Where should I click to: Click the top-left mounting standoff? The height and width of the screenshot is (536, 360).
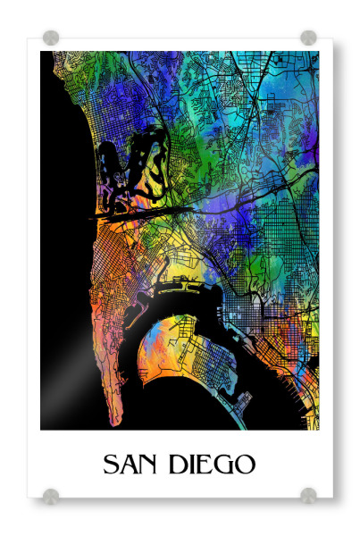click(x=51, y=38)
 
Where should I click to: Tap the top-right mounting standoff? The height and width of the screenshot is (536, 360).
click(x=308, y=38)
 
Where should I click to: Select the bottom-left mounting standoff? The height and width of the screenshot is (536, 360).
click(x=51, y=495)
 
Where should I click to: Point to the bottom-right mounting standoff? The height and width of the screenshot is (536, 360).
click(x=308, y=495)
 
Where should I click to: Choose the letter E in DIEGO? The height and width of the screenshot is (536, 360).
click(x=209, y=465)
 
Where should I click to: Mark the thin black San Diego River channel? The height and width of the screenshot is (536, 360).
click(x=143, y=214)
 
